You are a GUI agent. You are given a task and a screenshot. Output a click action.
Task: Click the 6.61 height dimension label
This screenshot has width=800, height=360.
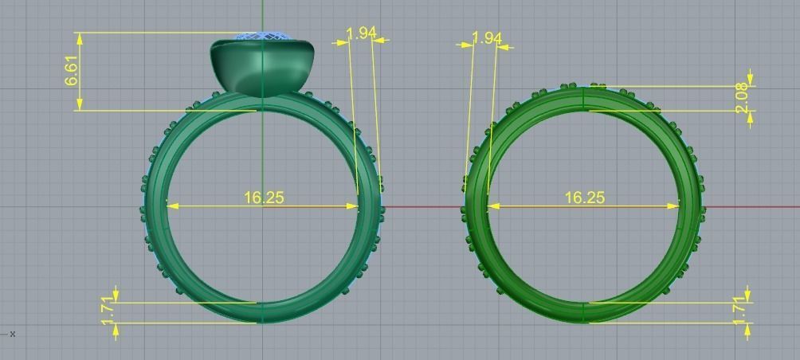(72, 72)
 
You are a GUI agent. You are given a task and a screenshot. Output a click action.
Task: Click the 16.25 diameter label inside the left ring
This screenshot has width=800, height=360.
(264, 197)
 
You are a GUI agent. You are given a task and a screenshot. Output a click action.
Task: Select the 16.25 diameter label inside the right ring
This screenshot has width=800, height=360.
(584, 197)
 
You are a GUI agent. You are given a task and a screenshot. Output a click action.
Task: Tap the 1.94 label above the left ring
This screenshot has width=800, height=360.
(361, 33)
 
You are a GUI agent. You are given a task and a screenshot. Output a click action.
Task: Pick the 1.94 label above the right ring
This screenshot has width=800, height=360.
(487, 38)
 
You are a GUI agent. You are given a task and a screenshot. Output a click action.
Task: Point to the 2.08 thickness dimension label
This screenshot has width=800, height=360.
(743, 98)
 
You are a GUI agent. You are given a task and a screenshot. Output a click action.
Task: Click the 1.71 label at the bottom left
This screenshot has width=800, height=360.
(108, 311)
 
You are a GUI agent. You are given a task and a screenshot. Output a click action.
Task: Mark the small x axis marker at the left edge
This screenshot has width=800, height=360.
(12, 334)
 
